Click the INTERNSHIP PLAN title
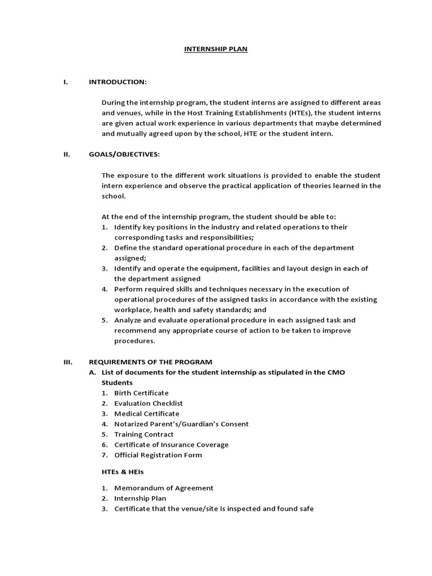coord(216,49)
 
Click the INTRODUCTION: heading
coord(118,82)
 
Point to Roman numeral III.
coord(67,362)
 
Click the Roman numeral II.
coord(66,155)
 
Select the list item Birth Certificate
coord(141,393)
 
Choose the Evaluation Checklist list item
coord(148,403)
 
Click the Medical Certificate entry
coord(147,413)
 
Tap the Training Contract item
coord(144,434)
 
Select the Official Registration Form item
coord(158,455)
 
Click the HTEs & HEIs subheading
coord(123,472)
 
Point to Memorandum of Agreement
coord(164,488)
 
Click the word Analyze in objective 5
coord(128,320)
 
